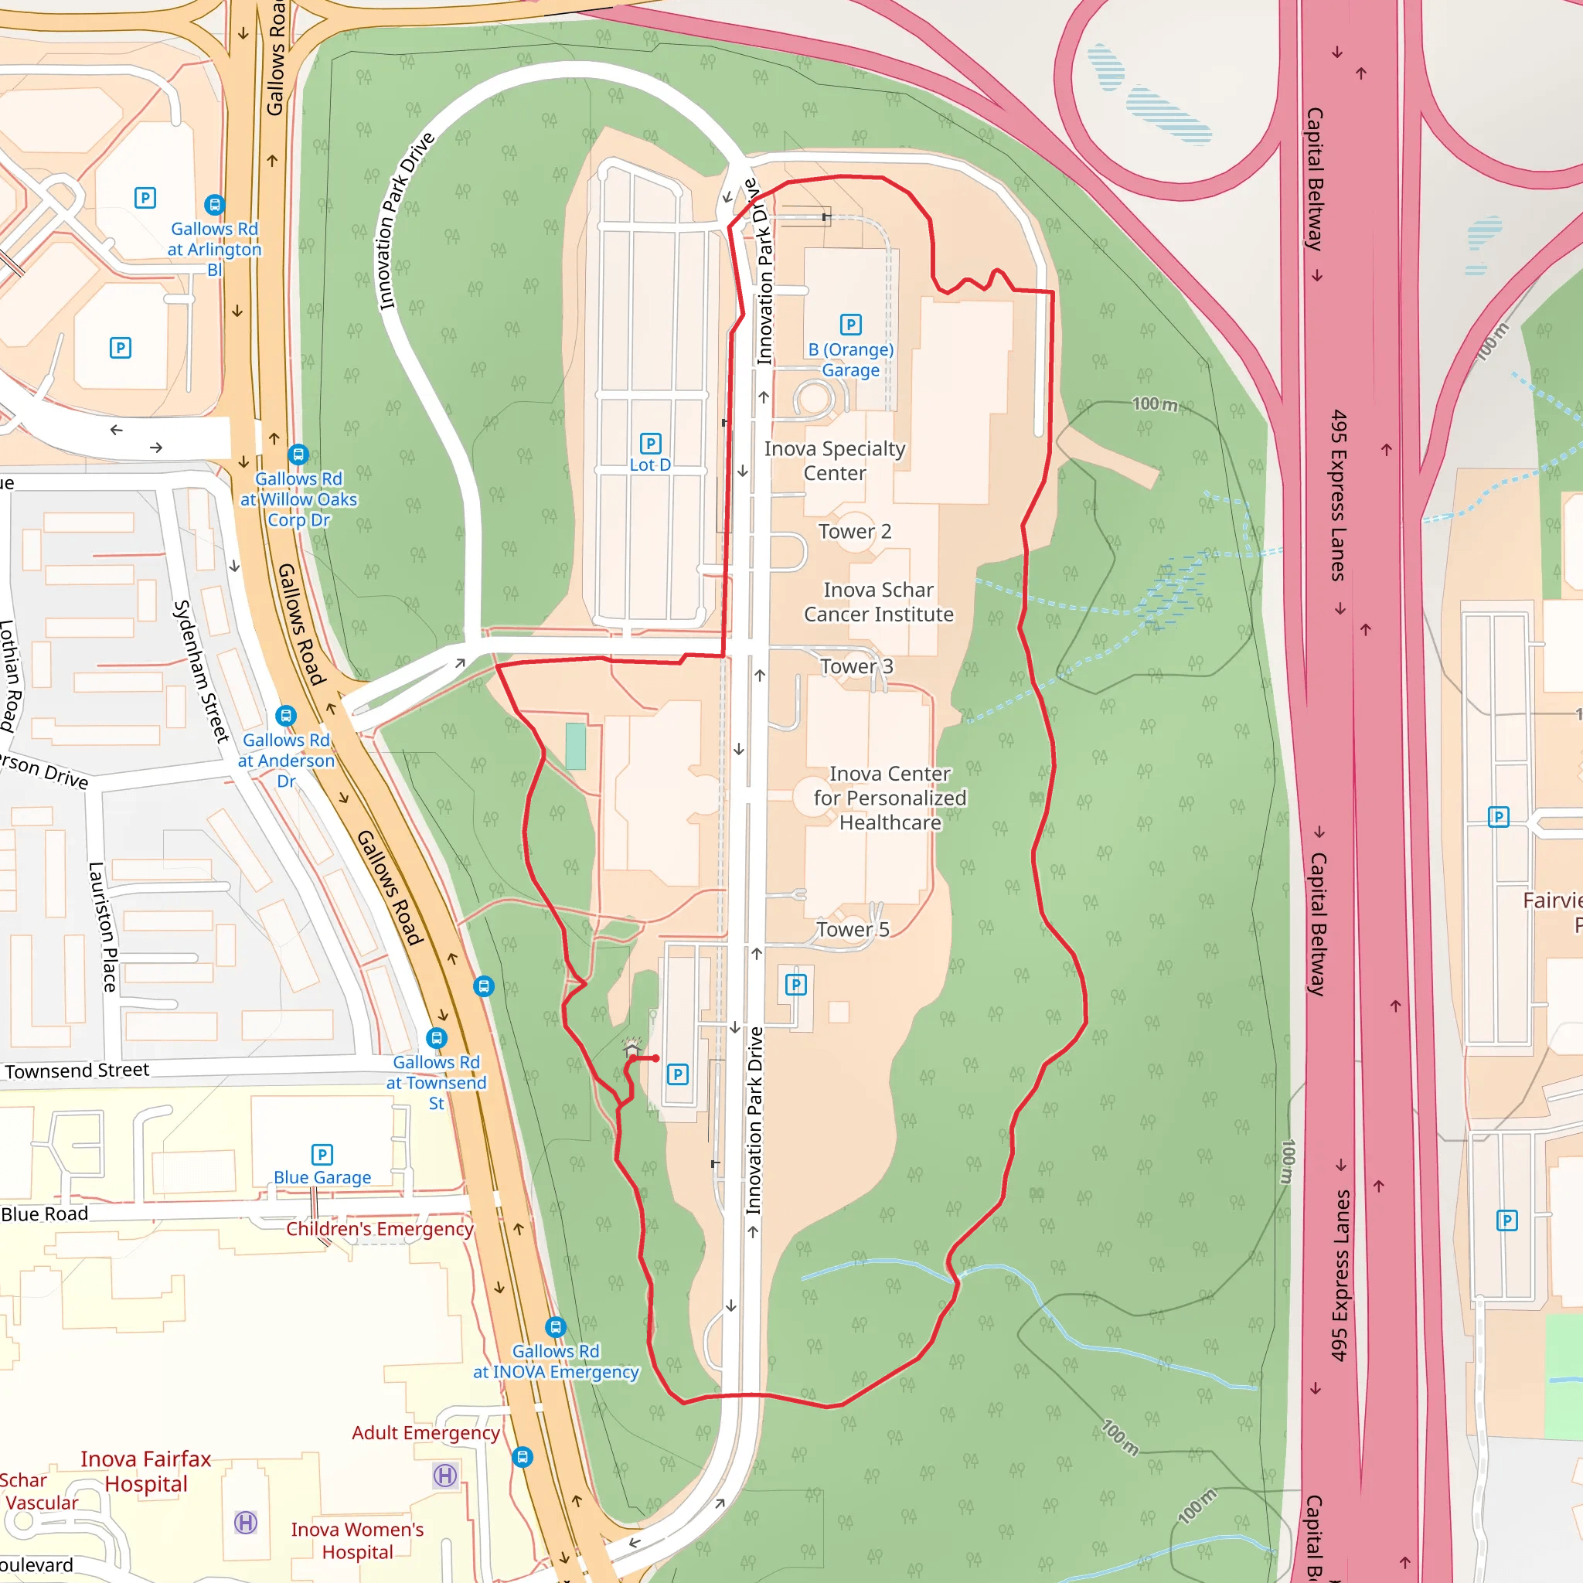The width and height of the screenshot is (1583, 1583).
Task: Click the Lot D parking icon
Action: [650, 443]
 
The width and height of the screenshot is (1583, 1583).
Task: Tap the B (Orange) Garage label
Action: [850, 359]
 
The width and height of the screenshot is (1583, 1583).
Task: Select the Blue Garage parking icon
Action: [322, 1155]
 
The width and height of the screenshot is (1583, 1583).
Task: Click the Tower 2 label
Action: [855, 532]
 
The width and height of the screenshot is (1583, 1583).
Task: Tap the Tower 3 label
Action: [856, 666]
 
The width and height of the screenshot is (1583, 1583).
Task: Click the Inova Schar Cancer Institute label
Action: [878, 602]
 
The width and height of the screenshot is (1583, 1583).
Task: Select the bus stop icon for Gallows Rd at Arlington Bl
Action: [215, 204]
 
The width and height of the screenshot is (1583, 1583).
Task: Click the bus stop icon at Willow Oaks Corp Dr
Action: [298, 454]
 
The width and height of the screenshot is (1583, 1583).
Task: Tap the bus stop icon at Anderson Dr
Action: [285, 715]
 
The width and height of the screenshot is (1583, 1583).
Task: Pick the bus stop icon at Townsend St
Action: [437, 1037]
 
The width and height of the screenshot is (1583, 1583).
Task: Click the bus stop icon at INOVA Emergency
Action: [556, 1326]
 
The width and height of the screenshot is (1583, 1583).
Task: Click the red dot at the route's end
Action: [655, 1059]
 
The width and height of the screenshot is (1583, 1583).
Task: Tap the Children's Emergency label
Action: [380, 1228]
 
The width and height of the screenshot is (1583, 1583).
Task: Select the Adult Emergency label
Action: [425, 1432]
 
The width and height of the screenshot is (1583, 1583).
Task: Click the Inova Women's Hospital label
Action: [357, 1540]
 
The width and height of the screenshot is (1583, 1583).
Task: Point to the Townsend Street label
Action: [77, 1070]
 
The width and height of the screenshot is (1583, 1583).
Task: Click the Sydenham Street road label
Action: [201, 671]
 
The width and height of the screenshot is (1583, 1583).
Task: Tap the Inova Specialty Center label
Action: [834, 461]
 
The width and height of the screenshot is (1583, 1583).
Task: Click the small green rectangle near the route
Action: [576, 746]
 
